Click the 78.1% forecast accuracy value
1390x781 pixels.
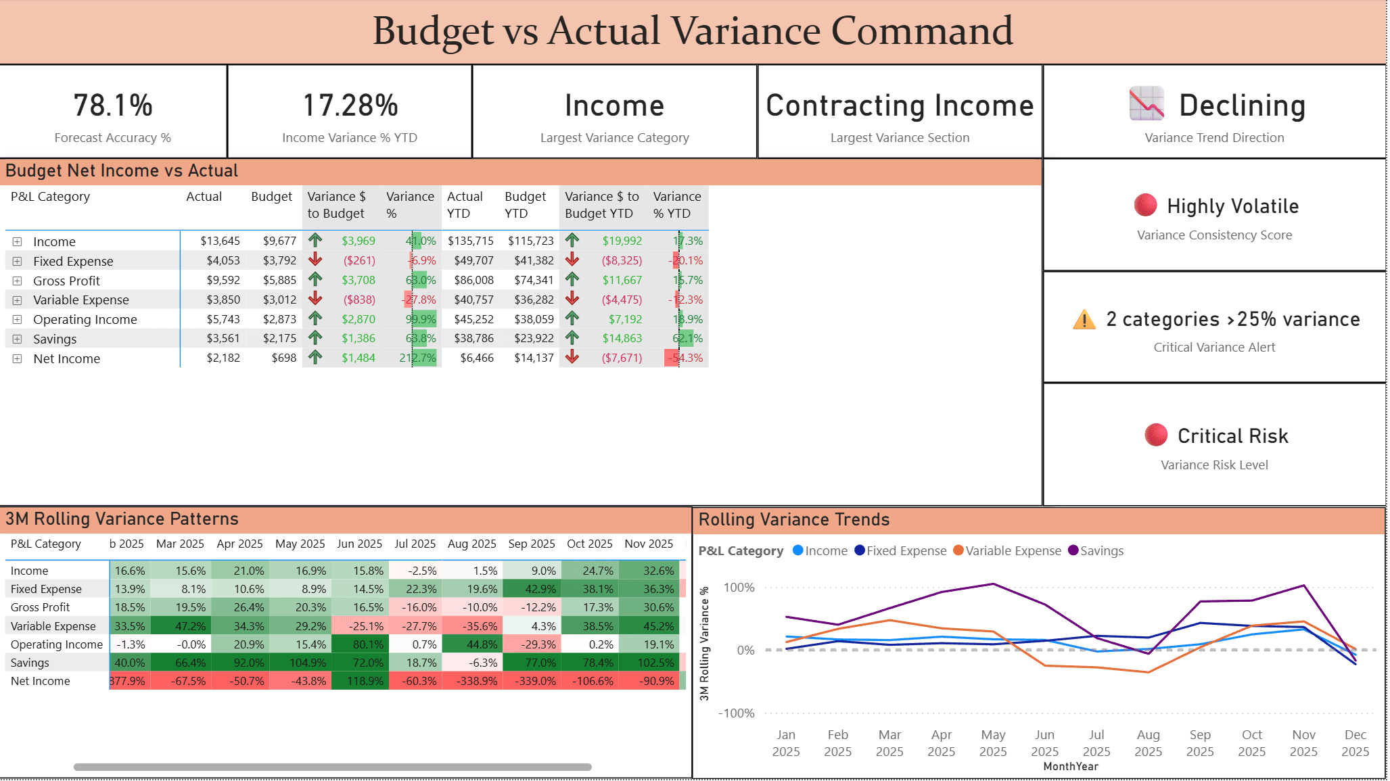[x=113, y=105]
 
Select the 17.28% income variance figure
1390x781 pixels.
[x=350, y=105]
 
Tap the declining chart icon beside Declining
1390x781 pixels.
[x=1146, y=103]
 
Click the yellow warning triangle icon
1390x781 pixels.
[x=1084, y=319]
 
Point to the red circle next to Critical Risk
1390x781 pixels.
[x=1155, y=435]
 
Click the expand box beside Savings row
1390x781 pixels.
[x=18, y=339]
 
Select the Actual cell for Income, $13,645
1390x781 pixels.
[x=220, y=241]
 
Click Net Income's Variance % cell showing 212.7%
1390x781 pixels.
[x=417, y=358]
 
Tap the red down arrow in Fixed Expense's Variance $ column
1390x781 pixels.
[x=315, y=260]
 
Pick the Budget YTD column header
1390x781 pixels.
[x=525, y=204]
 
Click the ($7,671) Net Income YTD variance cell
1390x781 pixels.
[x=622, y=358]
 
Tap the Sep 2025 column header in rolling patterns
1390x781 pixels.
[x=531, y=544]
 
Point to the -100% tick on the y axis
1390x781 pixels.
[x=736, y=713]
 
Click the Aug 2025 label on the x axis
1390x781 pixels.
[x=1148, y=742]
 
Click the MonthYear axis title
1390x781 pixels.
[x=1070, y=766]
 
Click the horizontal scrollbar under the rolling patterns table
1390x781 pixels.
[x=332, y=767]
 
